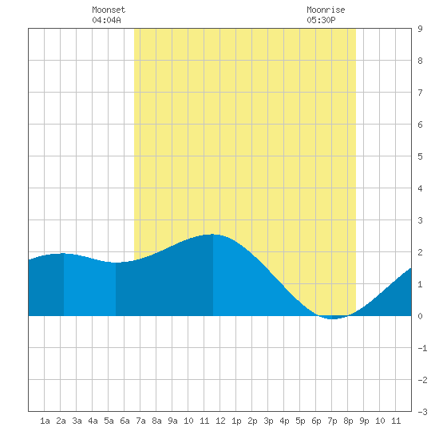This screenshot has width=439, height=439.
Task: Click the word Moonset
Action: tap(109, 10)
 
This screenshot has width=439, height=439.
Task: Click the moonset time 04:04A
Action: tap(106, 20)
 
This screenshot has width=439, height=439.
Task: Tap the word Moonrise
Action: tap(326, 10)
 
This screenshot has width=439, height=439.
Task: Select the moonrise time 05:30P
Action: tap(321, 20)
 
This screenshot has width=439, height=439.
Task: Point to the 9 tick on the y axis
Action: tap(420, 29)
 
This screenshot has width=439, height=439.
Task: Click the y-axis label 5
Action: tap(420, 156)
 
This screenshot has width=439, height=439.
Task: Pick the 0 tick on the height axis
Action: tap(420, 316)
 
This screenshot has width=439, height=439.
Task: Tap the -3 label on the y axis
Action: tap(422, 412)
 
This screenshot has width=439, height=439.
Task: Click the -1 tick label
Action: tap(422, 348)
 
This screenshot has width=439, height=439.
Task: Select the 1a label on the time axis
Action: tap(45, 421)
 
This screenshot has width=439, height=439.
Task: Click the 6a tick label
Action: tap(125, 421)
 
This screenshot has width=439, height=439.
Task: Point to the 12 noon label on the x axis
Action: tap(220, 421)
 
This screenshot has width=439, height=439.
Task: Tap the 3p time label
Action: tap(268, 421)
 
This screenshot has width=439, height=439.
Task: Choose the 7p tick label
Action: tap(332, 421)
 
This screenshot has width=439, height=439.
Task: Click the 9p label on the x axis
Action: tap(364, 421)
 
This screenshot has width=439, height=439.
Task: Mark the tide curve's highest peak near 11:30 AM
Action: tap(212, 235)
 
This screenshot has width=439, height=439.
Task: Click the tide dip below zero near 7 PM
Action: tap(332, 318)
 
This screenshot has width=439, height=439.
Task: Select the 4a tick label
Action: tap(93, 421)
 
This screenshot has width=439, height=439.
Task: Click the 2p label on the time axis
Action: tap(252, 421)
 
